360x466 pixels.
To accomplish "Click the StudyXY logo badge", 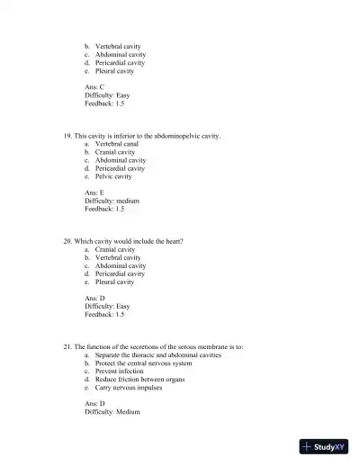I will click(325, 446).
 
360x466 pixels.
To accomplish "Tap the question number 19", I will click(67, 136).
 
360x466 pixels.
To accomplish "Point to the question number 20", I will click(67, 242).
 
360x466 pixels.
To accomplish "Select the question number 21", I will click(67, 347).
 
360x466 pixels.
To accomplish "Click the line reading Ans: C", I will click(94, 87).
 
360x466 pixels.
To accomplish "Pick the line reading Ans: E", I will click(94, 193).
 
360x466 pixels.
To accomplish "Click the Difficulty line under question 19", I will click(112, 202).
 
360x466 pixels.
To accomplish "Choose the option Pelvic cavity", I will click(113, 177).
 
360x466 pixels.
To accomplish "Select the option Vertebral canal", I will click(117, 144).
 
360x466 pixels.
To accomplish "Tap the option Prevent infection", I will click(119, 372).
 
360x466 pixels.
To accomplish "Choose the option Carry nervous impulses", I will click(129, 388).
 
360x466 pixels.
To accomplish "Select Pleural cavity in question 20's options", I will click(114, 282).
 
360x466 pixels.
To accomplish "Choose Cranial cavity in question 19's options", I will click(115, 152).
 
